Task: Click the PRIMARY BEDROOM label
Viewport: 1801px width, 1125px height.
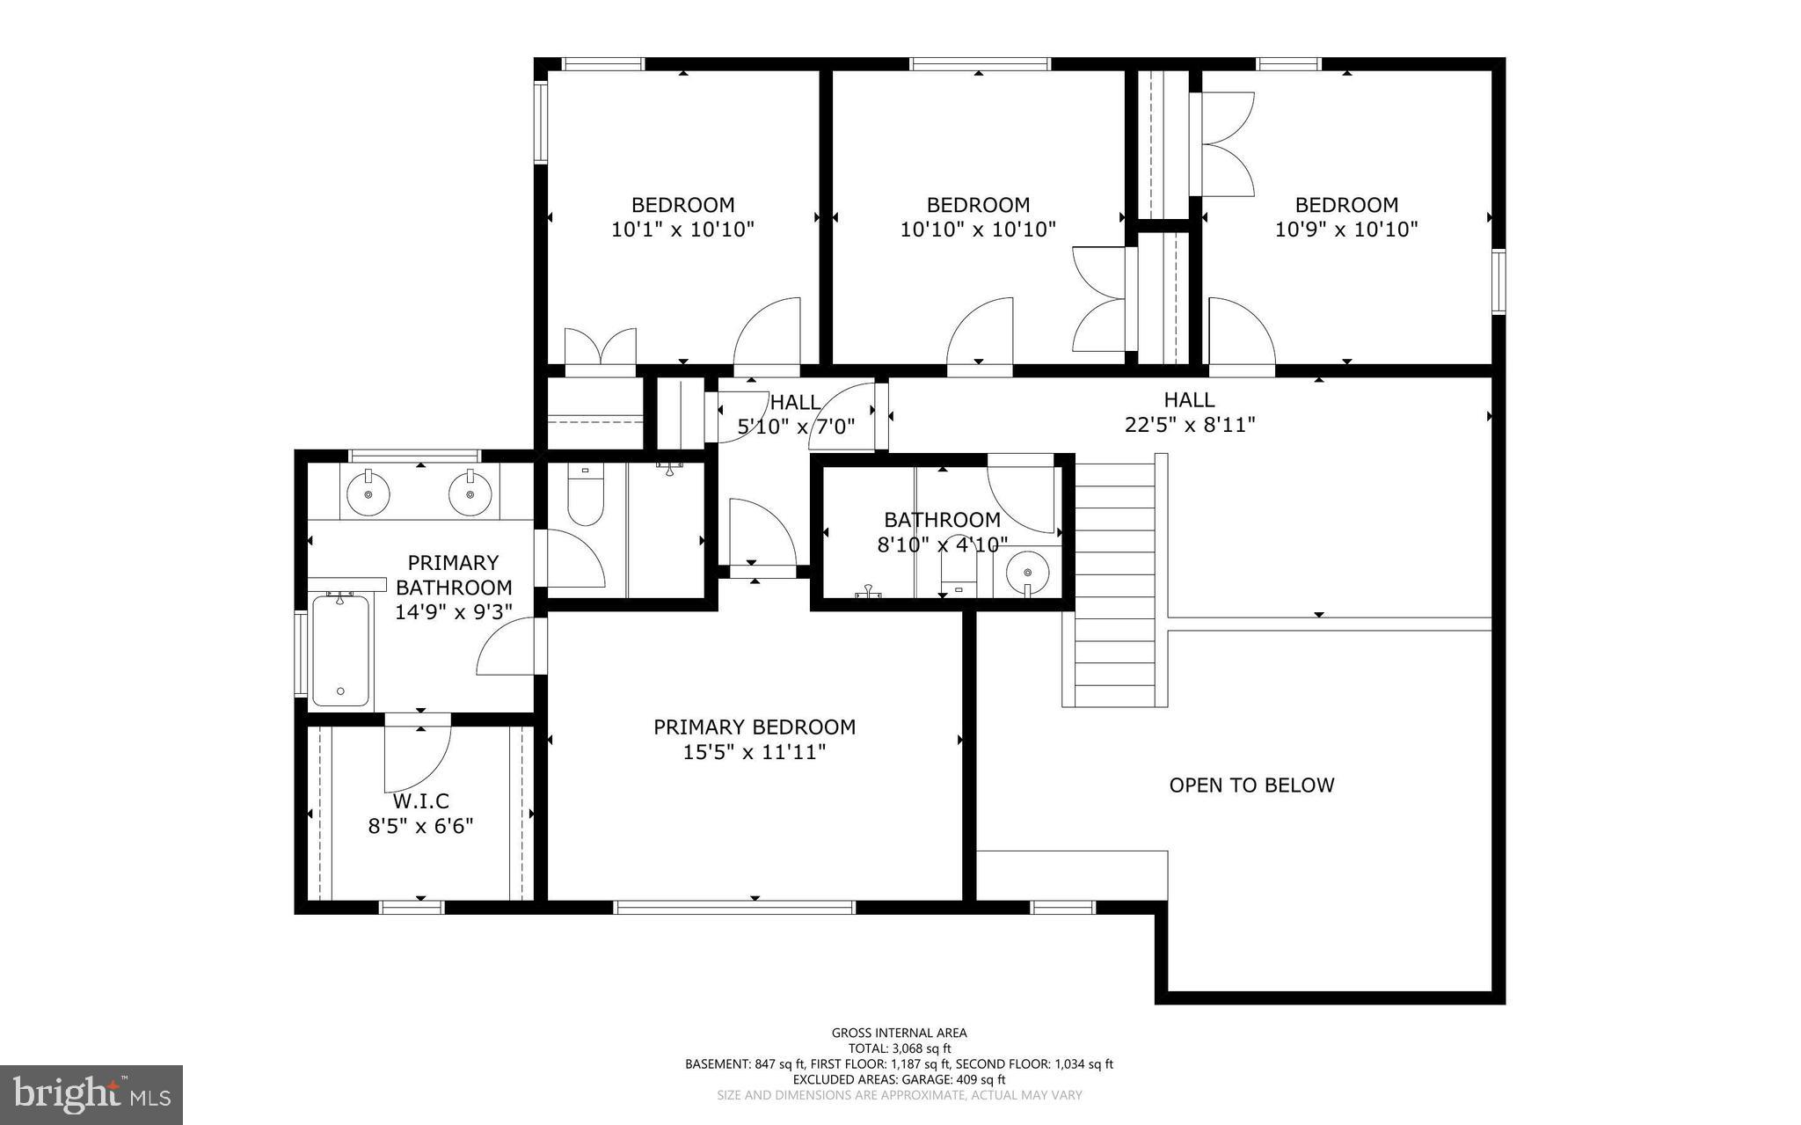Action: tap(755, 727)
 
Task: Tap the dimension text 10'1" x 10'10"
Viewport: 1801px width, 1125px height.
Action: tap(682, 230)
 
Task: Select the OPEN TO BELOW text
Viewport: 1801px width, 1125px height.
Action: tap(1251, 785)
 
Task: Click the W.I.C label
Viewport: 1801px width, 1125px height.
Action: tap(420, 801)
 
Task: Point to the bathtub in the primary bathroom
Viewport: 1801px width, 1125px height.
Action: tap(340, 650)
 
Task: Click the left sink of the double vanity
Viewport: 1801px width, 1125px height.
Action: tap(368, 494)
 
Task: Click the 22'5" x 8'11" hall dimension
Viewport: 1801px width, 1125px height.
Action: tap(1189, 425)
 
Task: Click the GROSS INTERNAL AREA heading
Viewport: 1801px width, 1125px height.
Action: tap(899, 1033)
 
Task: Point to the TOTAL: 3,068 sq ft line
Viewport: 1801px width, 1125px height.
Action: tap(899, 1048)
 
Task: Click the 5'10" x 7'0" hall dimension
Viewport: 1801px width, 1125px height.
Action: tap(796, 427)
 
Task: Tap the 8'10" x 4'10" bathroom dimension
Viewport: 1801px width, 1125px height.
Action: tap(942, 544)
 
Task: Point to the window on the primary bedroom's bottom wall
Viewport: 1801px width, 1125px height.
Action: tap(734, 907)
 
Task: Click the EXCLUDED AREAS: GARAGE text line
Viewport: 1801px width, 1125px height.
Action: tap(899, 1079)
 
